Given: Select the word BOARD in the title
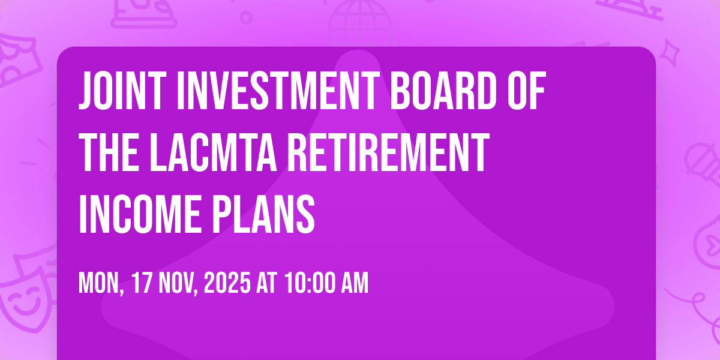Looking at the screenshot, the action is [x=443, y=91].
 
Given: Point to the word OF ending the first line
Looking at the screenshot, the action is [x=526, y=91].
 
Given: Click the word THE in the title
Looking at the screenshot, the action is [x=109, y=152].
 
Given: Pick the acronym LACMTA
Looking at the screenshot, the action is [x=213, y=152].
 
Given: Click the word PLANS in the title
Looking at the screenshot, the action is [x=263, y=214].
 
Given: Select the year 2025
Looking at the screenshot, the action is [x=227, y=283].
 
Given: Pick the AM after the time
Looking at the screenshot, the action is [x=355, y=283].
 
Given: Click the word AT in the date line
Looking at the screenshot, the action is [x=266, y=283].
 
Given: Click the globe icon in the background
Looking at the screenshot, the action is [x=360, y=23].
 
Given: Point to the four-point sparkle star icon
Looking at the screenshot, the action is [x=670, y=53].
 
